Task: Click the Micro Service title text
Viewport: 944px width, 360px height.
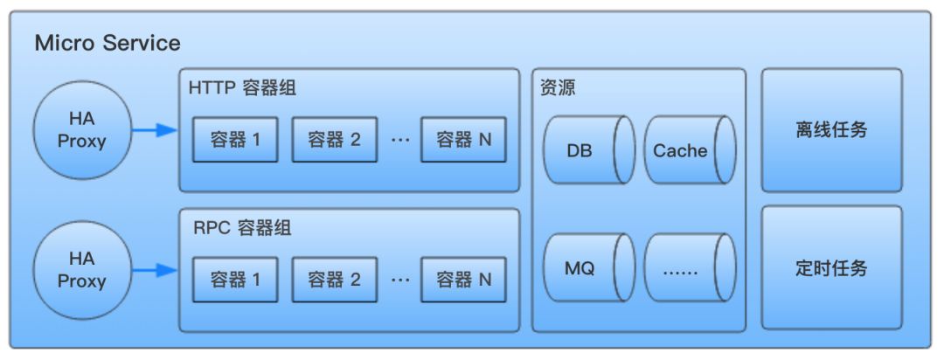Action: (x=108, y=43)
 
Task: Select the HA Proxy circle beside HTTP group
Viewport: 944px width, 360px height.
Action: (x=82, y=130)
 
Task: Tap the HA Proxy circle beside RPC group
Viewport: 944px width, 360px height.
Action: (x=82, y=270)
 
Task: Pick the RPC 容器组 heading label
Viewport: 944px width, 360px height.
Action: (x=241, y=229)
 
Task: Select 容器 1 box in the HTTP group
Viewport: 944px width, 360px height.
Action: (x=235, y=139)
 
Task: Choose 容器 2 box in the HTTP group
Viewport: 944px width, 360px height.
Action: (x=335, y=139)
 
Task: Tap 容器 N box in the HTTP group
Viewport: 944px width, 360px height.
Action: (x=463, y=139)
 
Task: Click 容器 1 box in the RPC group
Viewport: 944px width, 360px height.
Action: (x=235, y=280)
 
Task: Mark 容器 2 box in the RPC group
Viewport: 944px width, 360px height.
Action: (x=335, y=280)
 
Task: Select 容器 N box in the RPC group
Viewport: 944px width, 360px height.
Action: (x=463, y=280)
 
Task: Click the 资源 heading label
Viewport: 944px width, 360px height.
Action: (x=559, y=88)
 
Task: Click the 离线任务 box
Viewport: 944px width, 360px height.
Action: (x=831, y=130)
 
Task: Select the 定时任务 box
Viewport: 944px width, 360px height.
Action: (x=831, y=268)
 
